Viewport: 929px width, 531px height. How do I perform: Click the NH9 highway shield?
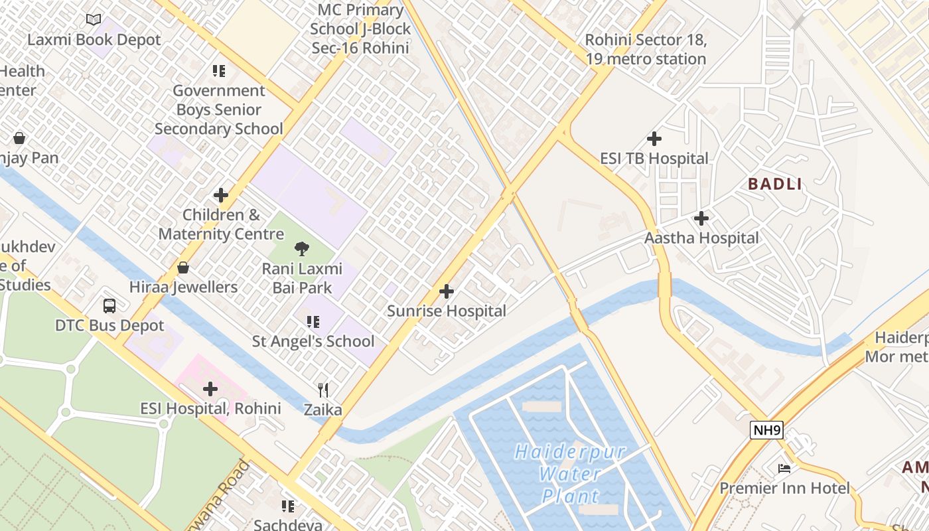coord(767,430)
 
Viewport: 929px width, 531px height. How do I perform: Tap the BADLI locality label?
coord(775,184)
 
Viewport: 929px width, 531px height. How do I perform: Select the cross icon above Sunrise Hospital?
coord(447,291)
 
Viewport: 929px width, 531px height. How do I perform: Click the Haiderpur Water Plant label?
coord(570,474)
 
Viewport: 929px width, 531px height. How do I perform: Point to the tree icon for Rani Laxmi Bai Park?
coord(302,249)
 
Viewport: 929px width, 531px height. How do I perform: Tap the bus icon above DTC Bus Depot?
coord(109,306)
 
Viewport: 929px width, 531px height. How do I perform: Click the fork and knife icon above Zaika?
coord(323,390)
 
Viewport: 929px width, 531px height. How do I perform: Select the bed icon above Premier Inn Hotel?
coord(784,469)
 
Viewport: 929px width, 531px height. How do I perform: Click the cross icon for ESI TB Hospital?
coord(654,139)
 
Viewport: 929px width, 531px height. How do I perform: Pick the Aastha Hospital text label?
coord(701,238)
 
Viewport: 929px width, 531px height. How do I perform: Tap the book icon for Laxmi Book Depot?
coord(94,20)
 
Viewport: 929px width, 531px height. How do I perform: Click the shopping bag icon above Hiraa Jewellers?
coord(183,267)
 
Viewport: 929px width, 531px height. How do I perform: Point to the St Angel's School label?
coord(313,341)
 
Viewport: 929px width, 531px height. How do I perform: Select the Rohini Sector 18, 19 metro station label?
coord(645,49)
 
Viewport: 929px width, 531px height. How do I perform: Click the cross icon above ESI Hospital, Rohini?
coord(210,389)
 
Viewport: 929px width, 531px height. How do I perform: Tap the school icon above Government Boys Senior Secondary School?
coord(219,70)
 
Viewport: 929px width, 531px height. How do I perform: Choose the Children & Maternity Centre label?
coord(221,224)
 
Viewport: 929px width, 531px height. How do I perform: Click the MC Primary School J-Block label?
coord(360,29)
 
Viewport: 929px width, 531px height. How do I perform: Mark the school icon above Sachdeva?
coord(288,506)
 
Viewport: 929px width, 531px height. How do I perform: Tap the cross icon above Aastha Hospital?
coord(701,218)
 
